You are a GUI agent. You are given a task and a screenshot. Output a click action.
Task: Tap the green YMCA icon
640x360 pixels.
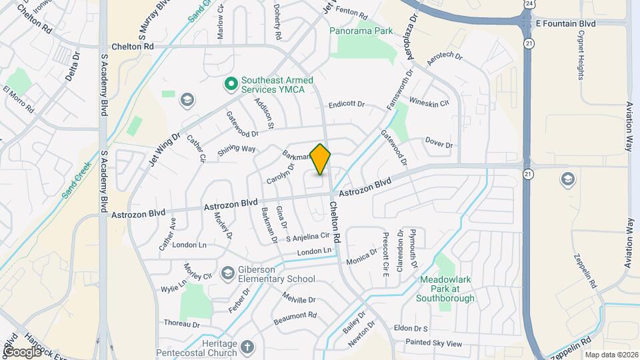231,84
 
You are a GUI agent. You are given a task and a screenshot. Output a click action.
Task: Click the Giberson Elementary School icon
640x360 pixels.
228,272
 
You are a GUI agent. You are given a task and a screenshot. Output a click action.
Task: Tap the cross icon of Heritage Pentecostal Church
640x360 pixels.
247,347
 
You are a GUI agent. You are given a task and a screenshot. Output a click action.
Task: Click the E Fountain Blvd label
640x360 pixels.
565,23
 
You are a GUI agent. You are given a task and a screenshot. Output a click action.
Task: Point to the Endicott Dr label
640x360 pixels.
347,105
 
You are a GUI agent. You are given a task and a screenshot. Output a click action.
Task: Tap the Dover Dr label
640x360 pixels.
439,144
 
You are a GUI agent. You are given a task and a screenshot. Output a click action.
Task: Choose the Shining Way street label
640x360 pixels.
237,149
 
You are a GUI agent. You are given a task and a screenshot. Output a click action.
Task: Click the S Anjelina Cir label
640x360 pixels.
308,237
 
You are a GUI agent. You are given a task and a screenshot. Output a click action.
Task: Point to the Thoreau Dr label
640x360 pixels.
181,324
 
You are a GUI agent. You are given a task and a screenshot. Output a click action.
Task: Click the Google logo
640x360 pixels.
22,351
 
